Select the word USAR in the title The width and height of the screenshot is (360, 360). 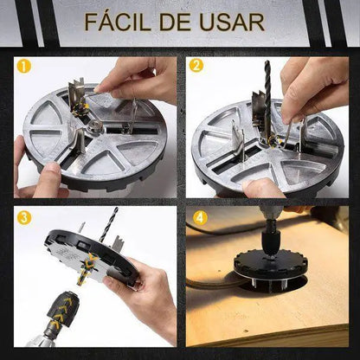(232, 22)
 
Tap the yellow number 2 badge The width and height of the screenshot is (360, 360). (196, 65)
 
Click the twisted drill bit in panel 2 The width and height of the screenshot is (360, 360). (265, 83)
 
